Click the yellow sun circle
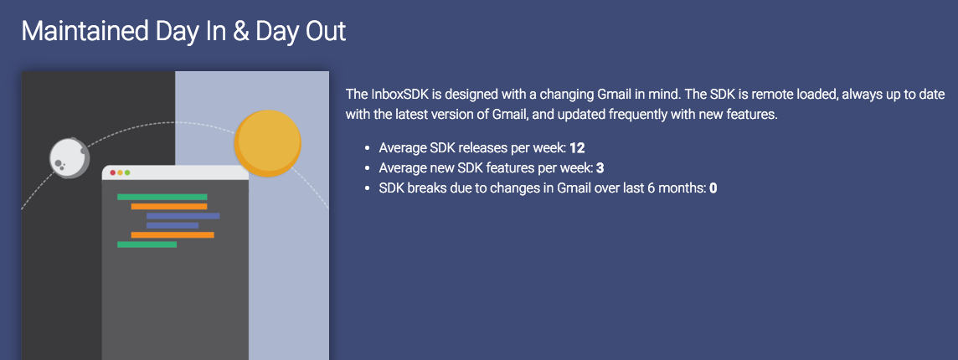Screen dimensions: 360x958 (x=267, y=141)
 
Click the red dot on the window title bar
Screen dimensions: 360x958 (x=113, y=172)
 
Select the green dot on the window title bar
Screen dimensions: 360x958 (x=127, y=172)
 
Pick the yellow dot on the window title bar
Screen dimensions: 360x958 (x=120, y=172)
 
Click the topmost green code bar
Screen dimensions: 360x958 (x=162, y=197)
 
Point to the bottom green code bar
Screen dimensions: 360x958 (x=147, y=244)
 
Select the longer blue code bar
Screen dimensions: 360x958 (x=183, y=216)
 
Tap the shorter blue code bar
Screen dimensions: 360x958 (x=172, y=225)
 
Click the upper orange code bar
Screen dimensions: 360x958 (x=168, y=206)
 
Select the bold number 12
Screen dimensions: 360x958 (x=577, y=148)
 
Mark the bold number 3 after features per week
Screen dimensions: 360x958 (x=600, y=168)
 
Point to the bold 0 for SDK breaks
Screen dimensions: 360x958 (x=713, y=188)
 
